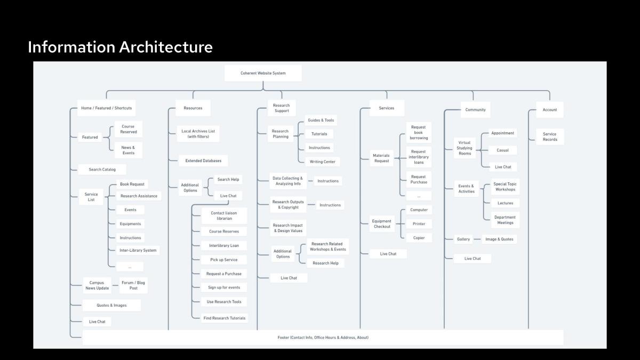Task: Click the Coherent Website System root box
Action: (263, 73)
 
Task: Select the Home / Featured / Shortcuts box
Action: (106, 108)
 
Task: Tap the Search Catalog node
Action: (102, 170)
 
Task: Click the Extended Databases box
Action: (203, 161)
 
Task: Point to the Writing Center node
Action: (322, 162)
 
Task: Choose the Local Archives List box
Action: (198, 134)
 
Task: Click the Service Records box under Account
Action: (550, 137)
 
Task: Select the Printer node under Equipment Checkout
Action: (419, 223)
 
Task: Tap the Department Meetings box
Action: (505, 220)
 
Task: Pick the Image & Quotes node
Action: (499, 239)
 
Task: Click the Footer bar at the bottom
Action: (323, 338)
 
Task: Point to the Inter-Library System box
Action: (138, 250)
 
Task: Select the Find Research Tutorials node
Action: (225, 318)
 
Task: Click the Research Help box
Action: (325, 263)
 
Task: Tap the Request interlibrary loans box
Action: (419, 157)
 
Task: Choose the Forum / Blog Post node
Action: (133, 285)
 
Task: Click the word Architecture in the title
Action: (166, 47)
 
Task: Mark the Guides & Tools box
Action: (321, 121)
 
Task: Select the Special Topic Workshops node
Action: (505, 187)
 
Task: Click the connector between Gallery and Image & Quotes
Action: (477, 239)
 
